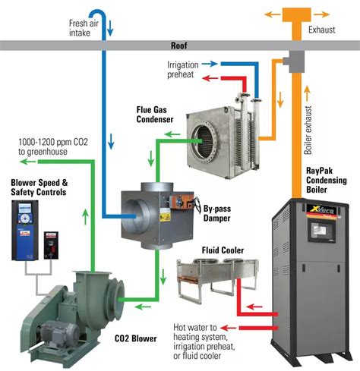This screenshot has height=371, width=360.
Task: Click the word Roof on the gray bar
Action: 179,46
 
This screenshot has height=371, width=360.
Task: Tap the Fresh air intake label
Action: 84,28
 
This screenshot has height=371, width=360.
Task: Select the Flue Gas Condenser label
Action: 155,115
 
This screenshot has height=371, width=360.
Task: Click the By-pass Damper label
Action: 217,213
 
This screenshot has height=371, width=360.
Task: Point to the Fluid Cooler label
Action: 223,250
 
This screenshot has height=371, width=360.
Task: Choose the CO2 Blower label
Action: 136,338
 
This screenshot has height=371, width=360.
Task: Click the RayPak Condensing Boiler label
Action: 327,180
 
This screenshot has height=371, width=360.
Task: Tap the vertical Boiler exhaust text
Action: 308,130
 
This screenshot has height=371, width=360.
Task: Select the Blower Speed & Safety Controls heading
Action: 39,187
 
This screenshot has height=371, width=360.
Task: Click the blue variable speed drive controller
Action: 25,231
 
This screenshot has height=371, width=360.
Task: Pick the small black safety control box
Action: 51,245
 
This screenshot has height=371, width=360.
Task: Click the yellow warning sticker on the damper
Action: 165,217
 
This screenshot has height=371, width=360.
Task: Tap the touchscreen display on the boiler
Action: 321,230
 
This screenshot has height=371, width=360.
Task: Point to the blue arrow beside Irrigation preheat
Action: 210,64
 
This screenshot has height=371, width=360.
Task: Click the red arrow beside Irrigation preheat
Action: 210,78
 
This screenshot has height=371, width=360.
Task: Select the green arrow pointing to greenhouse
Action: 27,162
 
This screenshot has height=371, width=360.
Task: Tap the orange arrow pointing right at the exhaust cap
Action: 321,14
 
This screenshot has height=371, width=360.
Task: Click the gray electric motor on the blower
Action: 60,332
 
